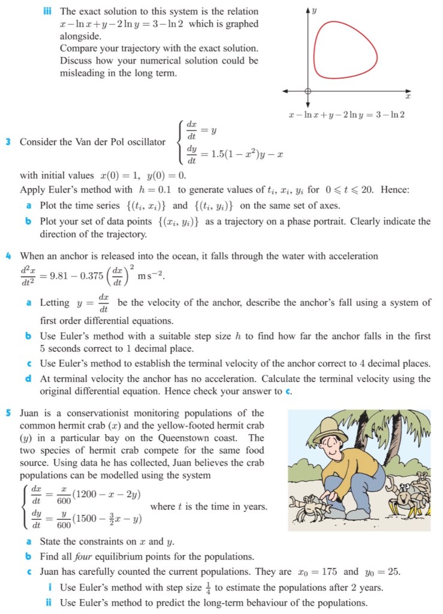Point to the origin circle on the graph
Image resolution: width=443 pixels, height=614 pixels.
click(308, 91)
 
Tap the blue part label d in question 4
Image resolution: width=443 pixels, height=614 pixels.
click(29, 379)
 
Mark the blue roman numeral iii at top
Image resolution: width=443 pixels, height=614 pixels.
click(50, 11)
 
